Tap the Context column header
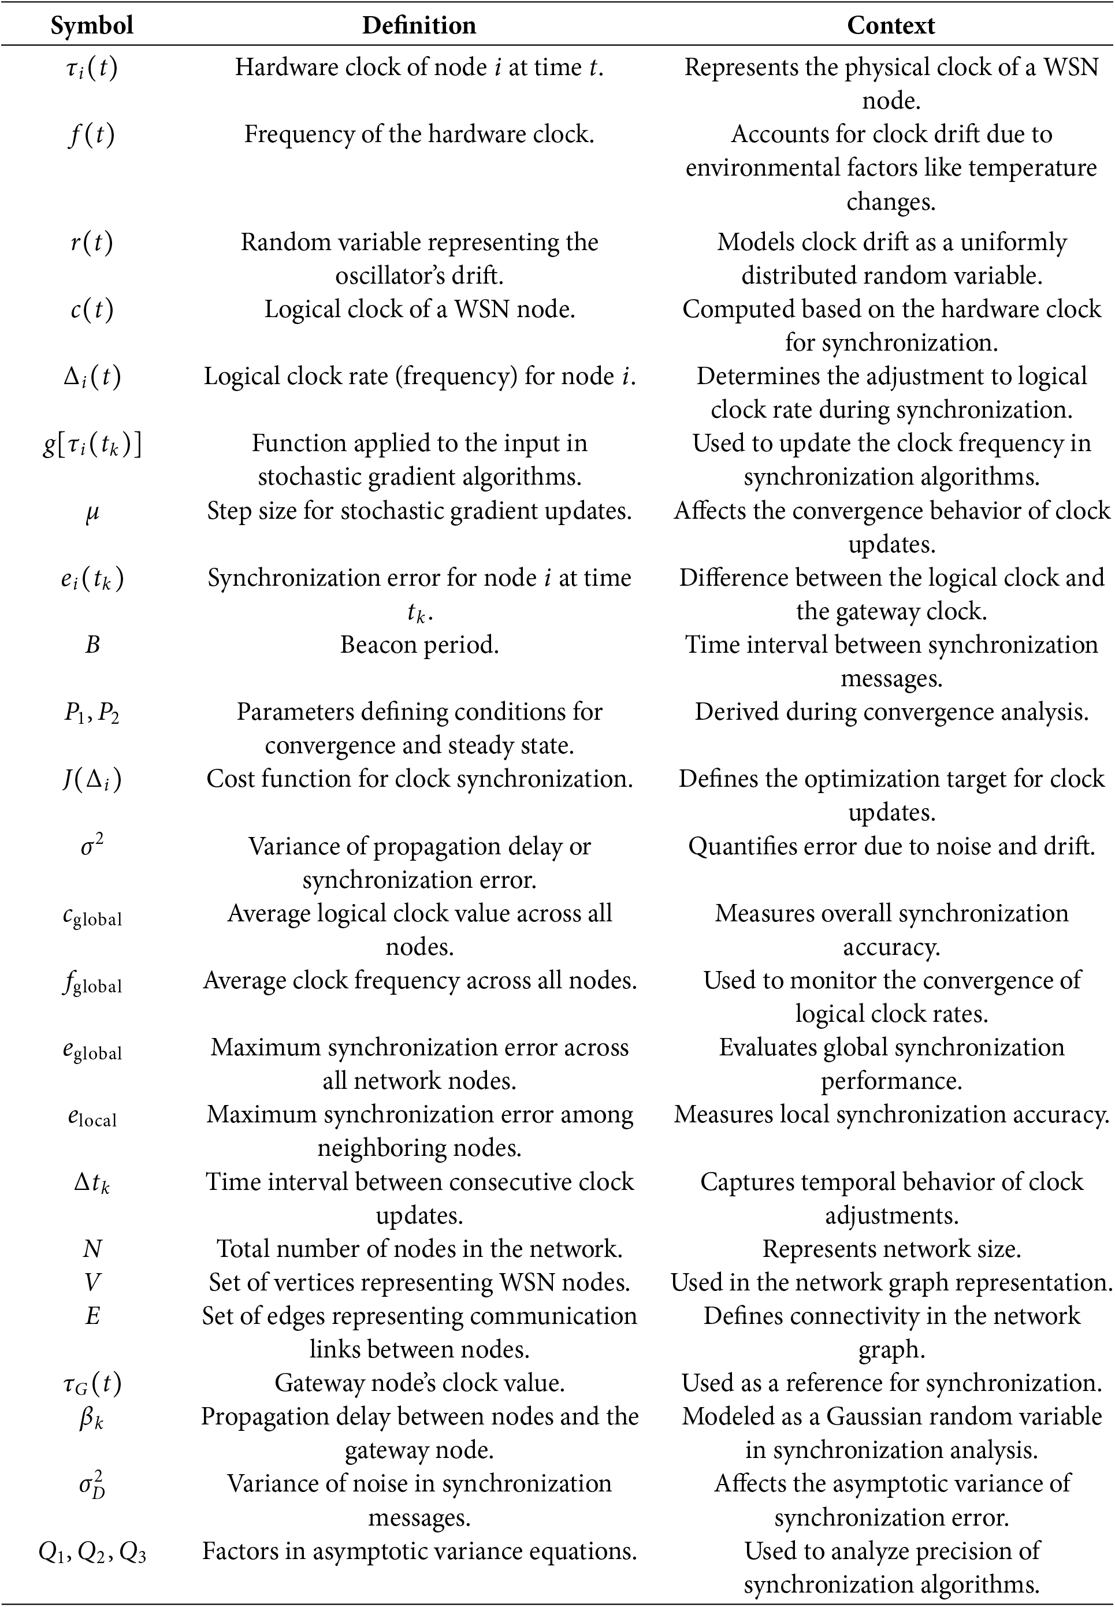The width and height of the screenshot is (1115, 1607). point(891,26)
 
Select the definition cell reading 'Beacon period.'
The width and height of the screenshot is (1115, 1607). point(419,645)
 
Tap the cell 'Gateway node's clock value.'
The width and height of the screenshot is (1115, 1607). point(419,1383)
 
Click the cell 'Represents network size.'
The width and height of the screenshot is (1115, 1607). point(891,1249)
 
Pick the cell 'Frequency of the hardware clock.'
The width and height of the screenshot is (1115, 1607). point(419,134)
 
